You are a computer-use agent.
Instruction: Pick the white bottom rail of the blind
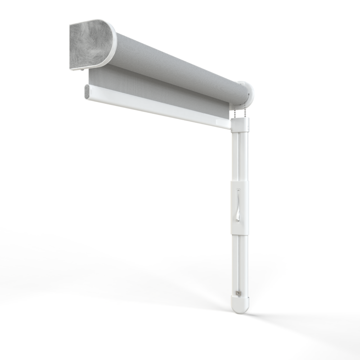[157, 108]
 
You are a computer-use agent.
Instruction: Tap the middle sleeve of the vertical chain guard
[238, 207]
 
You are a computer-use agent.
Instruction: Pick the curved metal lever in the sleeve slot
[238, 205]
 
